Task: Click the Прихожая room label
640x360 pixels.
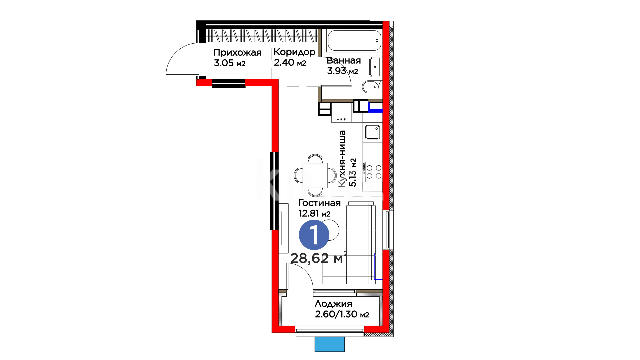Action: point(237,52)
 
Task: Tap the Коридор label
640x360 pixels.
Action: point(294,52)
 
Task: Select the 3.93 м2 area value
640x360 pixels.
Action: point(342,71)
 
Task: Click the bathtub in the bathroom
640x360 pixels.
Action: point(354,41)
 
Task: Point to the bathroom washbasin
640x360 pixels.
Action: point(375,67)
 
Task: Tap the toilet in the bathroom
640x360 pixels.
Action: point(372,87)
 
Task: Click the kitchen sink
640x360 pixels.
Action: point(373,132)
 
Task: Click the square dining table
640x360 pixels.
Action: point(315,175)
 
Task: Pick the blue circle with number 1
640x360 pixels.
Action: point(314,235)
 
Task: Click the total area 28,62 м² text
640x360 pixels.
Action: point(319,258)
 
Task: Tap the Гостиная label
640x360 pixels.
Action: point(319,203)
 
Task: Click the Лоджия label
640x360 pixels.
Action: point(333,304)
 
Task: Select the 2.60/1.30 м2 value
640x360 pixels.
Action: point(342,314)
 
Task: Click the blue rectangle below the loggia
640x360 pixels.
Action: point(330,344)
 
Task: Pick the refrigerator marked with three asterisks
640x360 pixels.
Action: point(341,112)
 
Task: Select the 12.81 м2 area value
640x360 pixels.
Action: point(314,213)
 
